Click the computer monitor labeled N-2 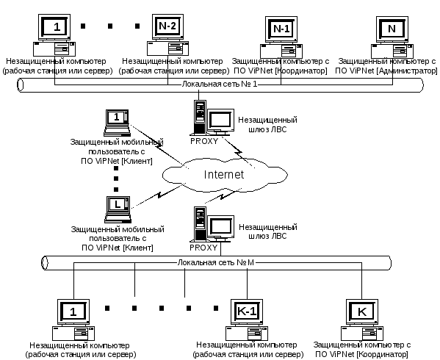(167, 27)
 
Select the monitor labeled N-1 (281, 29)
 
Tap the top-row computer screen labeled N (392, 29)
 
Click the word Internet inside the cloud (223, 175)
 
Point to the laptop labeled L (118, 209)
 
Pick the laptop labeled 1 (117, 123)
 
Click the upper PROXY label (204, 141)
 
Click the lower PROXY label (203, 248)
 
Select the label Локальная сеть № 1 (220, 84)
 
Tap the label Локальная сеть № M (215, 262)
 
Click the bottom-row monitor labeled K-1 (247, 312)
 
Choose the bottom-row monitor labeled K (362, 312)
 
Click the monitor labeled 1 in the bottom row (73, 312)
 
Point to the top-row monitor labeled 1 (54, 27)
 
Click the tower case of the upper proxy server (200, 117)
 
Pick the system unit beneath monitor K (362, 334)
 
